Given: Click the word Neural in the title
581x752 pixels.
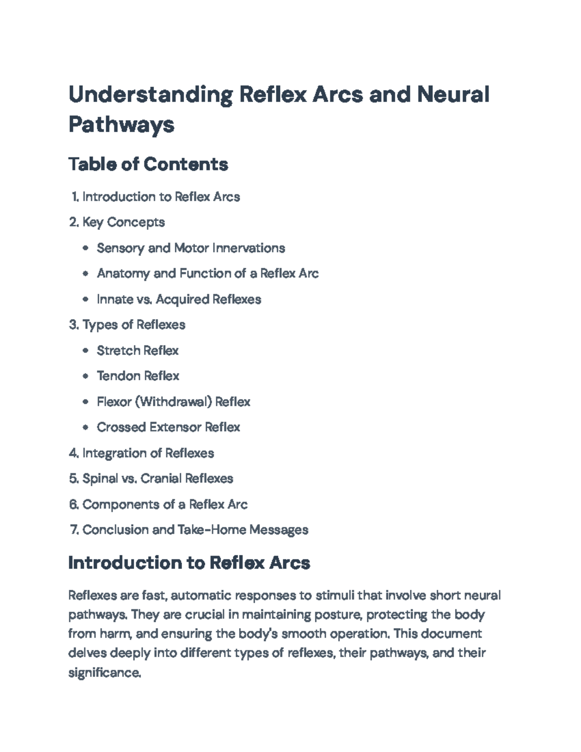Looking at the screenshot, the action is tap(453, 94).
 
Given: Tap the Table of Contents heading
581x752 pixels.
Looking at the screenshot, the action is tap(148, 164).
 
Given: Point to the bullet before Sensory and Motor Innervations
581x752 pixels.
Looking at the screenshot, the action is tap(86, 248).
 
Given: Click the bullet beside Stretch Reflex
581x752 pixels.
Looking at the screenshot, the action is tap(86, 351).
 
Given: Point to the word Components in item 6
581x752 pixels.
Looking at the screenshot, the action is tap(121, 505).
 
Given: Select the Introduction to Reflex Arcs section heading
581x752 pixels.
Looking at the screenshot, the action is tap(189, 563).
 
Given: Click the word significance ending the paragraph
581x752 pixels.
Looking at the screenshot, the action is tap(104, 673).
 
